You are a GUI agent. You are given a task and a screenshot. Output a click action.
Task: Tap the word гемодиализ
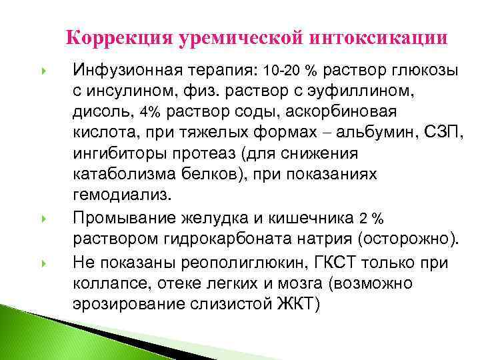tap(122, 195)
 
